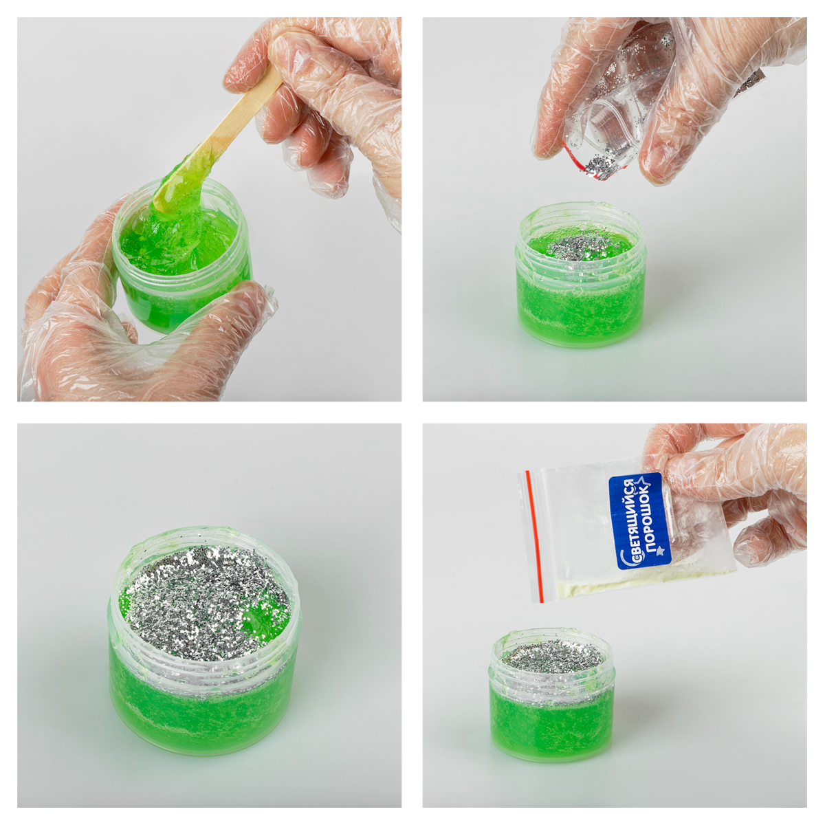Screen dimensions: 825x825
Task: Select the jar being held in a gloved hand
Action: tap(182, 257)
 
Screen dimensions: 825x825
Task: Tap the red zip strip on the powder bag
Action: tap(534, 536)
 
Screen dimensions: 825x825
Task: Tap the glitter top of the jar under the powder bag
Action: tap(551, 655)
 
